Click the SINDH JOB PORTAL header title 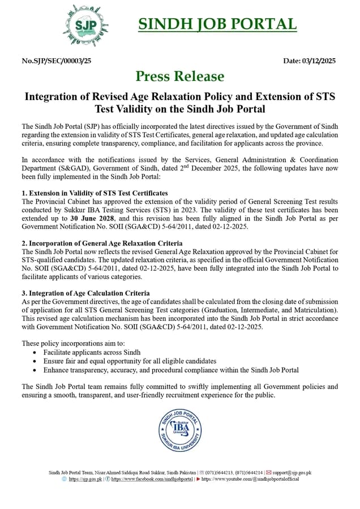(217, 24)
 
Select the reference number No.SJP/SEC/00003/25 (56, 61)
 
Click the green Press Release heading (179, 76)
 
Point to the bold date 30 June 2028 (93, 218)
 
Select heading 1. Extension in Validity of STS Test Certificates (95, 193)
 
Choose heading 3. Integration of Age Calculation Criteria (85, 293)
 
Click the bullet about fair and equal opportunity (130, 361)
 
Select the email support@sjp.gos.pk (292, 472)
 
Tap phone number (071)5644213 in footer (220, 472)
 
